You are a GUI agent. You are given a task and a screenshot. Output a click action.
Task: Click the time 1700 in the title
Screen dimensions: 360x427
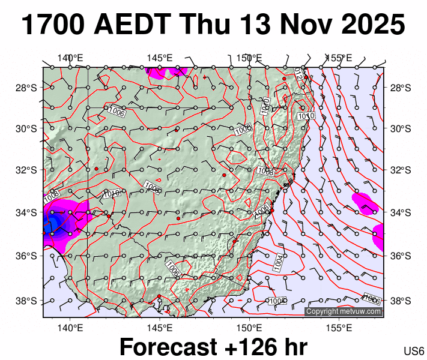coord(55,25)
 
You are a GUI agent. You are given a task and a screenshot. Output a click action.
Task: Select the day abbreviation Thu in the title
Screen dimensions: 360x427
coord(205,25)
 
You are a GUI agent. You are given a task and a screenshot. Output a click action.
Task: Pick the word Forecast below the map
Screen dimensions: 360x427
coord(168,347)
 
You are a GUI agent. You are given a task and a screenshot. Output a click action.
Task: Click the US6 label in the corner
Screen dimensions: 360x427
coord(414,351)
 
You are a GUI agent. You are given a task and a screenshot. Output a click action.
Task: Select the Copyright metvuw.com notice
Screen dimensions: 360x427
coord(344,311)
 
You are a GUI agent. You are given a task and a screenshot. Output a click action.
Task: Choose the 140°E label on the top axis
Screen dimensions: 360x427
coord(70,58)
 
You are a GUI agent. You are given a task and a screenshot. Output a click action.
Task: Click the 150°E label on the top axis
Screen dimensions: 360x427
coord(249,58)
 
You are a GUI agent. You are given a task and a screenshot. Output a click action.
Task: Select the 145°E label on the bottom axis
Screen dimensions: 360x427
coord(160,328)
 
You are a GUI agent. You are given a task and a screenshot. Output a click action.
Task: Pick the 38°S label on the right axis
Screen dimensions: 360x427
coord(399,301)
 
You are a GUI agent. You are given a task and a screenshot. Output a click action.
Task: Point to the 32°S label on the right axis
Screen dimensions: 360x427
coord(399,170)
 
